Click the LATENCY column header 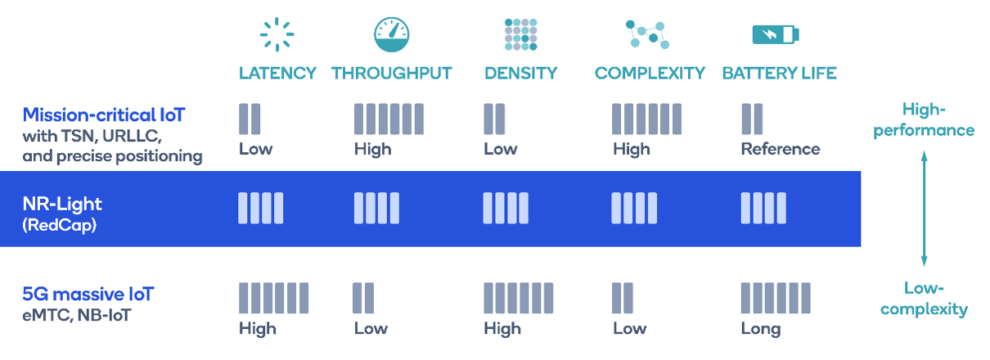[277, 74]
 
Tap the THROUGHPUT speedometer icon [392, 34]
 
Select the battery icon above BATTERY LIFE [776, 34]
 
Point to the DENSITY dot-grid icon [521, 34]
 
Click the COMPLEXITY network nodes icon [647, 34]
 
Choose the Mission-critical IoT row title [104, 115]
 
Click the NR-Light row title [62, 204]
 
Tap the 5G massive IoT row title [88, 295]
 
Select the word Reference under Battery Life [781, 149]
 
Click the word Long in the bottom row [761, 329]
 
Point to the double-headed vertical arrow [924, 209]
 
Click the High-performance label [924, 120]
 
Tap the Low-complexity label [924, 299]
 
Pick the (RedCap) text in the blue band [59, 225]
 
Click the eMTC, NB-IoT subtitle [76, 315]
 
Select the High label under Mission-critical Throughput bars [372, 150]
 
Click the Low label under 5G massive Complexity [629, 329]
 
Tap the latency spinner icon [277, 34]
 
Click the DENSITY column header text [521, 74]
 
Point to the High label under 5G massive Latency [258, 329]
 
